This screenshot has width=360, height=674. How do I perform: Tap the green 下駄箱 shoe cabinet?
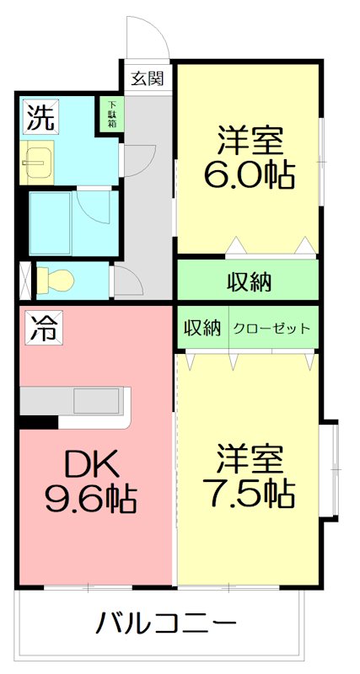click(x=111, y=114)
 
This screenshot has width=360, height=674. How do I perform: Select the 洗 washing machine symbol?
click(x=40, y=117)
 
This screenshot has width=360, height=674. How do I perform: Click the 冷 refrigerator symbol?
click(x=41, y=326)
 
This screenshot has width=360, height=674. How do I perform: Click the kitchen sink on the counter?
click(x=99, y=400)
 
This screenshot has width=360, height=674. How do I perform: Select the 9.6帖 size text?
click(x=90, y=499)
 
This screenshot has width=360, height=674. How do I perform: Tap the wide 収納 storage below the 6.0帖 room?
click(x=248, y=281)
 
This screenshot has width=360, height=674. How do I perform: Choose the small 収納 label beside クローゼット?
click(x=202, y=329)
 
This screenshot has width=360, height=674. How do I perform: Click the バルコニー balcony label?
click(x=165, y=624)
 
